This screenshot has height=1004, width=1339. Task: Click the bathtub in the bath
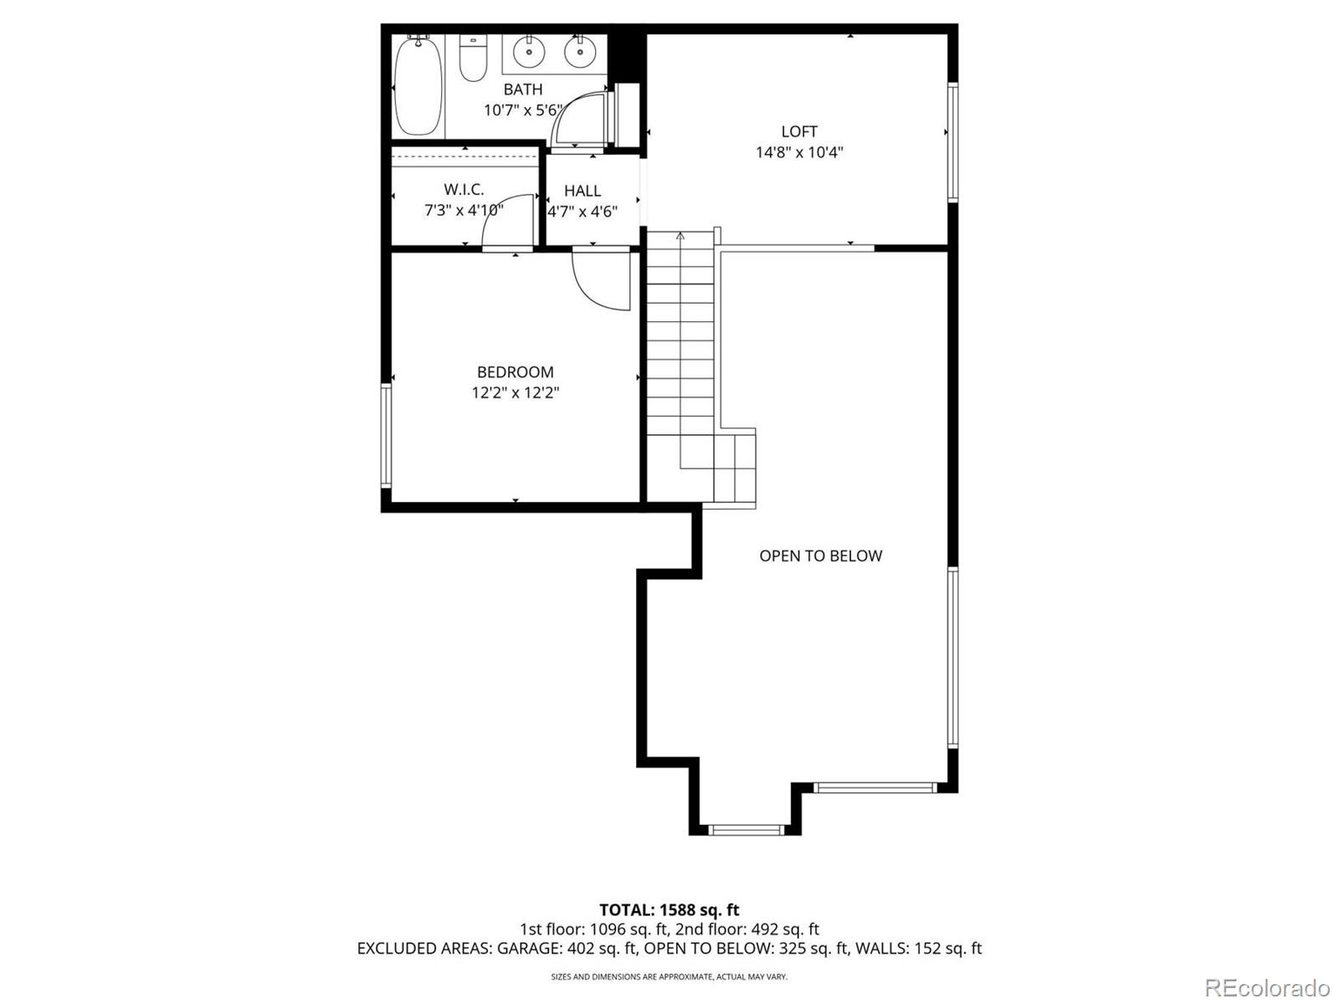pyautogui.click(x=418, y=85)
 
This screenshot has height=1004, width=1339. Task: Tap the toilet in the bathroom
pyautogui.click(x=473, y=59)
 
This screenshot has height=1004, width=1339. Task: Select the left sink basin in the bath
pyautogui.click(x=529, y=52)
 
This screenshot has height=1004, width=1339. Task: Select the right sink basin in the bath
pyautogui.click(x=579, y=52)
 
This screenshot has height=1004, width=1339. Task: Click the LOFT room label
pyautogui.click(x=799, y=131)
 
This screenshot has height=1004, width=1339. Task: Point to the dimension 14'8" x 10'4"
pyautogui.click(x=799, y=152)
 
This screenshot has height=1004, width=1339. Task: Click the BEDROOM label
pyautogui.click(x=515, y=372)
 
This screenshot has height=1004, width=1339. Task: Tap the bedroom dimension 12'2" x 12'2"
pyautogui.click(x=515, y=392)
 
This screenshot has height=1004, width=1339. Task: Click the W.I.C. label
pyautogui.click(x=464, y=190)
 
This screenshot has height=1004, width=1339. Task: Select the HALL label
pyautogui.click(x=582, y=191)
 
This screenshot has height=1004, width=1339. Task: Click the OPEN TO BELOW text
pyautogui.click(x=820, y=556)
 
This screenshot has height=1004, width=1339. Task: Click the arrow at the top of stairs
pyautogui.click(x=680, y=237)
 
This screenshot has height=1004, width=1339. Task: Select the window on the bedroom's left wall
pyautogui.click(x=386, y=435)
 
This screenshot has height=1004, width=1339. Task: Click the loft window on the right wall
pyautogui.click(x=952, y=142)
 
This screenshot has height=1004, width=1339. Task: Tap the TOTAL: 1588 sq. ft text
pyautogui.click(x=669, y=909)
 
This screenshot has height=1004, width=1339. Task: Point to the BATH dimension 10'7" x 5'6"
pyautogui.click(x=523, y=110)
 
